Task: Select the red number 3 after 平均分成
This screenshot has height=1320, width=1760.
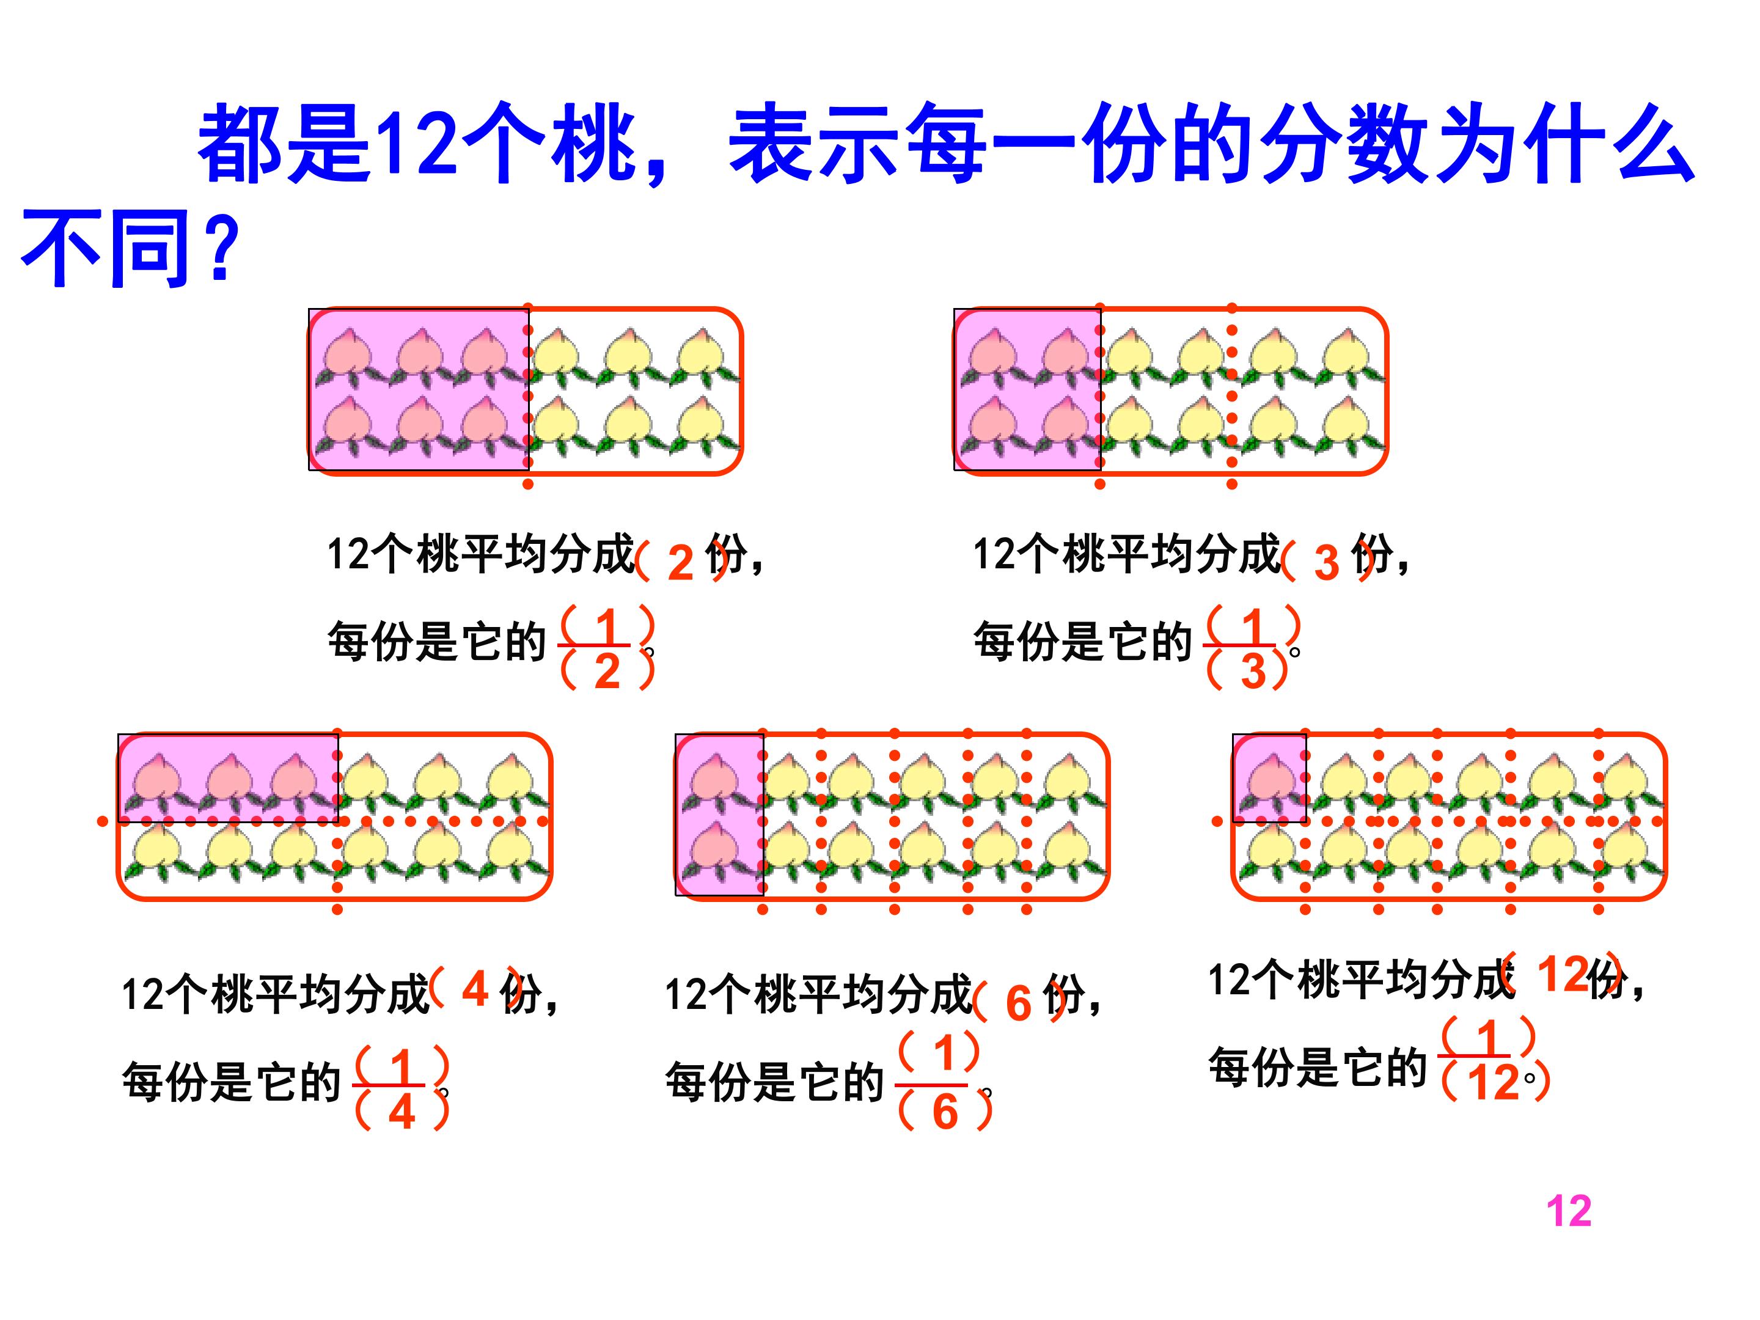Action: click(1326, 563)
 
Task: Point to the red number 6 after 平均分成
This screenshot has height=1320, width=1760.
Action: click(1019, 1003)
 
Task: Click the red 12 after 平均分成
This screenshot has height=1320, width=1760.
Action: click(1563, 974)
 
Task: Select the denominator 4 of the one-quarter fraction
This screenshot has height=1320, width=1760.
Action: click(402, 1112)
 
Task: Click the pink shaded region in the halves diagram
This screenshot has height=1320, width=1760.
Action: click(419, 389)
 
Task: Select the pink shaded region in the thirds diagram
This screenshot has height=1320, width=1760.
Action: click(1028, 389)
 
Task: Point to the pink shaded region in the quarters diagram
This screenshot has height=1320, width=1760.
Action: click(229, 778)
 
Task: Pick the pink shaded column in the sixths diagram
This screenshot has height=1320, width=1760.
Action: click(720, 815)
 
